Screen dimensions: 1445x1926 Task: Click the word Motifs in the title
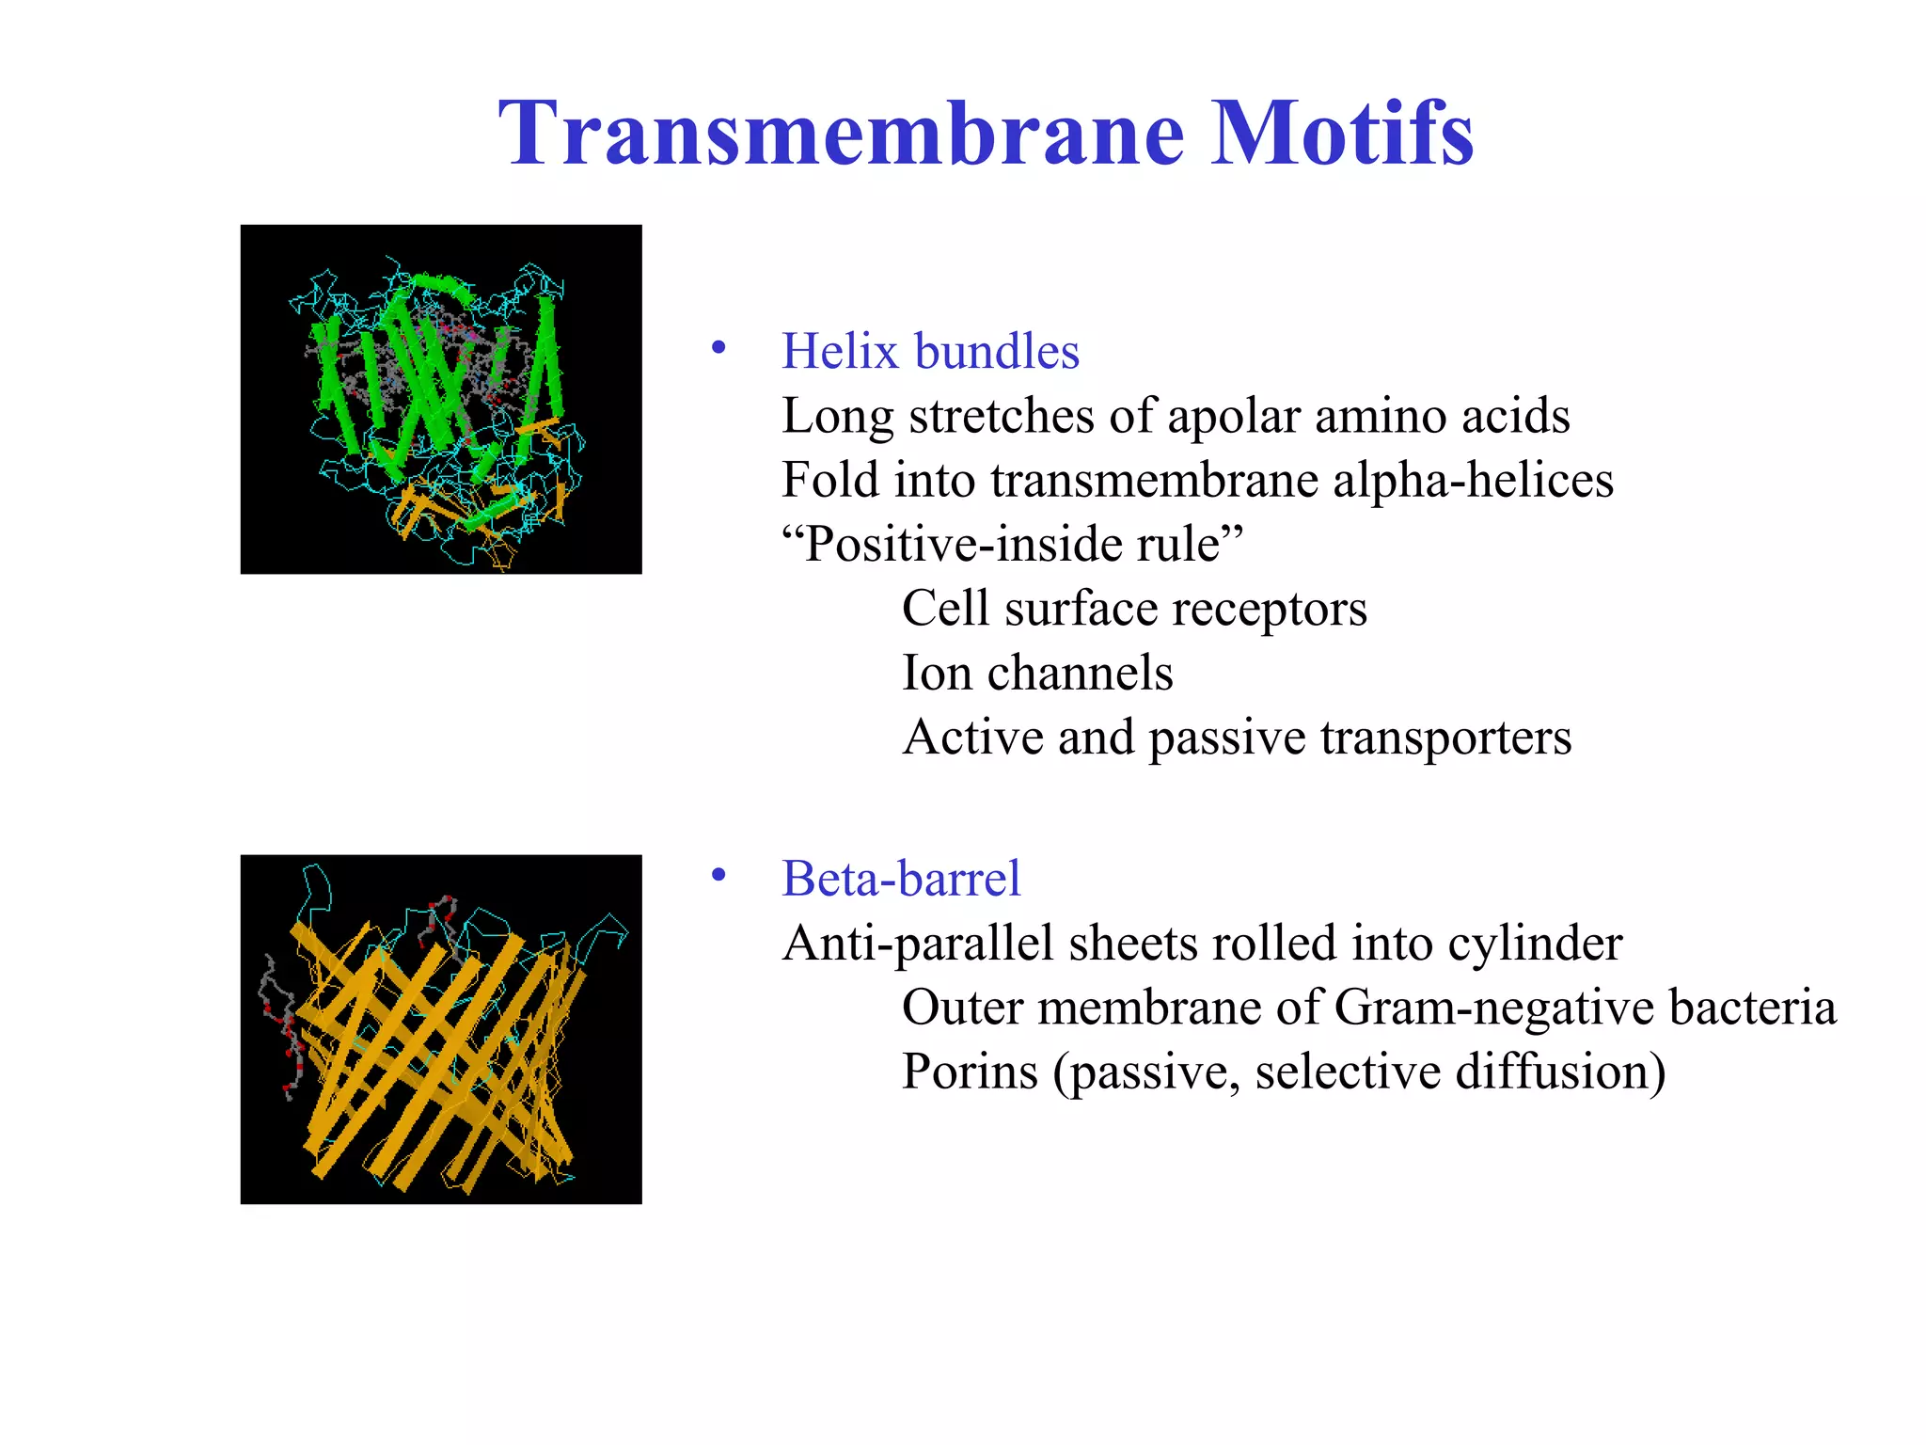click(x=1342, y=134)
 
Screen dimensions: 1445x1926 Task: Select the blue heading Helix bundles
click(x=930, y=352)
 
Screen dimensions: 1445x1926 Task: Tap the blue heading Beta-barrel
click(x=900, y=879)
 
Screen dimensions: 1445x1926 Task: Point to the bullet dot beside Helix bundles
click(x=719, y=348)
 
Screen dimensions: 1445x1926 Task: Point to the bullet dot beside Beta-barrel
click(x=719, y=876)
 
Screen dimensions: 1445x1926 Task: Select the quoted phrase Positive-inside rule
click(x=1013, y=544)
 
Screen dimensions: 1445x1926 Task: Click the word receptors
click(x=1271, y=609)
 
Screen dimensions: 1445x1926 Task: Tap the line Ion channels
click(x=1037, y=673)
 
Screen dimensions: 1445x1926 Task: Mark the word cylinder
click(x=1535, y=944)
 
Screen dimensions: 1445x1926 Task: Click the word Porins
click(x=970, y=1072)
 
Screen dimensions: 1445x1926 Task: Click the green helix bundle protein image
click(x=441, y=399)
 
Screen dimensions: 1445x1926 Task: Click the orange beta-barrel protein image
click(x=441, y=1029)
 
